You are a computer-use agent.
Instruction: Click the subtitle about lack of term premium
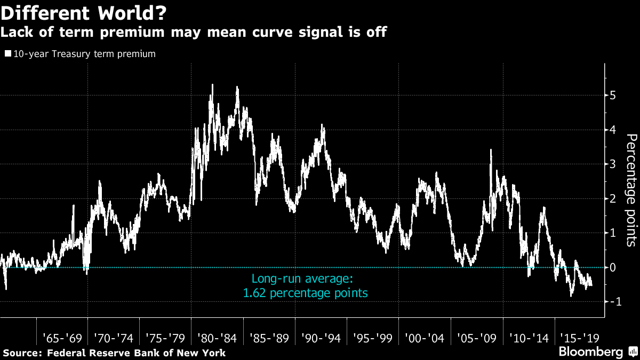click(193, 33)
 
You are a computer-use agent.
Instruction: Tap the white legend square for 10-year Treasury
click(7, 54)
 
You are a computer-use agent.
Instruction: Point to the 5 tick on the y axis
click(613, 95)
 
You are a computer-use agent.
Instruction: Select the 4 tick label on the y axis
click(613, 130)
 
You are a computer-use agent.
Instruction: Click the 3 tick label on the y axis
click(613, 164)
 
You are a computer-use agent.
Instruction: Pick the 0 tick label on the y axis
click(613, 267)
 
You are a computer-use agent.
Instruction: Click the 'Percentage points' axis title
click(630, 190)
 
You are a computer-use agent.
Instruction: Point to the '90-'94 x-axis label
click(321, 338)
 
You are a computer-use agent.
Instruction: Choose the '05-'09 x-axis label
click(476, 338)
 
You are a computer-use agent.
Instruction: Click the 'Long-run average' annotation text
click(302, 278)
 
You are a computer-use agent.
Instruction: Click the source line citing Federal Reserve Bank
click(115, 353)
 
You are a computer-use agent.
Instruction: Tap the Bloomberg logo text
click(590, 352)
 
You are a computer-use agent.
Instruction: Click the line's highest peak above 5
click(212, 85)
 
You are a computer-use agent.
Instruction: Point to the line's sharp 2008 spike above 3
click(491, 150)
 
